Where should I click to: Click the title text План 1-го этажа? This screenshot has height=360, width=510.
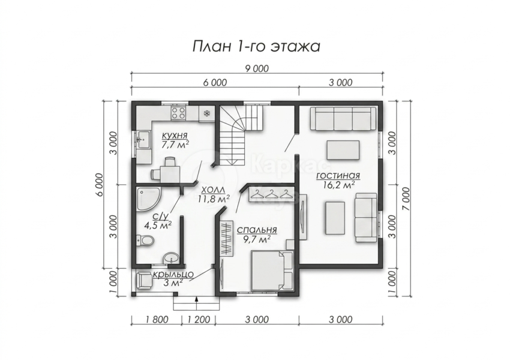click(256, 47)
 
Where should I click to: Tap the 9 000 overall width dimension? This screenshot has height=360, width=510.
click(256, 69)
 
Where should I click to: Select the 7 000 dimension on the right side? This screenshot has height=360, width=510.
click(406, 199)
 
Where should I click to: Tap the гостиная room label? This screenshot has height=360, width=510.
click(338, 176)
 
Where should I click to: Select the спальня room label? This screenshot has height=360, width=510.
click(257, 230)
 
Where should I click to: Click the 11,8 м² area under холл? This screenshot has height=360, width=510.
click(214, 199)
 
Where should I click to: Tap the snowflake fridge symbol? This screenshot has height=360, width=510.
click(206, 113)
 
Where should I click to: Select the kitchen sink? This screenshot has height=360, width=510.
click(143, 140)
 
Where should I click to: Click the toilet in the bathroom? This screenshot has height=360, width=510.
click(145, 241)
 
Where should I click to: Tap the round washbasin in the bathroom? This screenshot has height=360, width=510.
click(171, 258)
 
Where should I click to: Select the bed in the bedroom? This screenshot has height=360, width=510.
click(272, 271)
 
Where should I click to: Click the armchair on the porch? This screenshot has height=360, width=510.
click(144, 281)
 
